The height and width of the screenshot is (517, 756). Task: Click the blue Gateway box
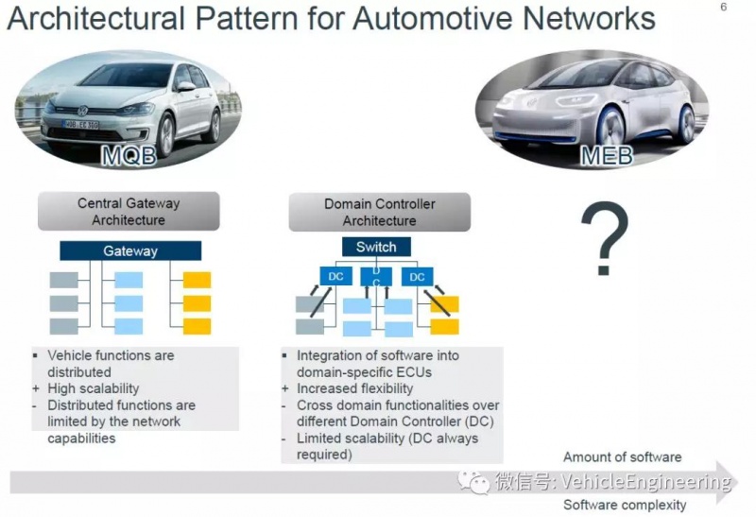(130, 251)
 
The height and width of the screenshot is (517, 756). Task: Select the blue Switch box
(376, 248)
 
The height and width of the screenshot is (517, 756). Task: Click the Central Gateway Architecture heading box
(128, 212)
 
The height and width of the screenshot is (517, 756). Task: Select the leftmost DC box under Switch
(336, 277)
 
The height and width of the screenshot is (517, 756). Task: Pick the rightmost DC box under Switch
(418, 277)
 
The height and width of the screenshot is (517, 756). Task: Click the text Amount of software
(622, 457)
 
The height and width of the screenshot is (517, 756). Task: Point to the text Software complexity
(625, 505)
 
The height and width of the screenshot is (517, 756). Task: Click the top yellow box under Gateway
(198, 281)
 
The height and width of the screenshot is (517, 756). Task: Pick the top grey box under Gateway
(63, 281)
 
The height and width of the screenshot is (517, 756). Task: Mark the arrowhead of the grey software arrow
(725, 480)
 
